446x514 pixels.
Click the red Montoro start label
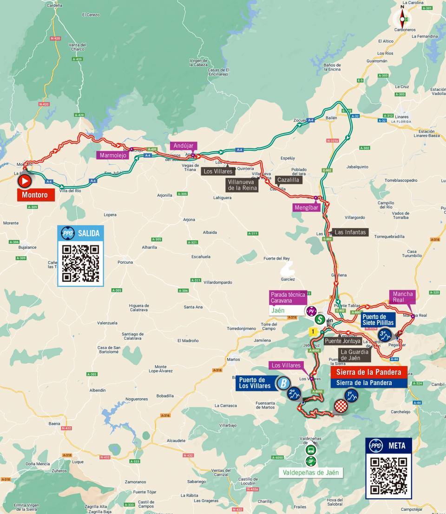(x=36, y=195)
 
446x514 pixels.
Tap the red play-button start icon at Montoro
(x=25, y=180)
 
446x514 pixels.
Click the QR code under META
(x=388, y=475)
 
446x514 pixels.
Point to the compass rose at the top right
(x=402, y=19)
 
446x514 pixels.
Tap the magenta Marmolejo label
(x=112, y=155)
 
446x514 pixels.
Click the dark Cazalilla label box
(x=288, y=179)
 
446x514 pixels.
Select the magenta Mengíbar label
(x=306, y=207)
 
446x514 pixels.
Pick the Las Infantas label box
(x=350, y=232)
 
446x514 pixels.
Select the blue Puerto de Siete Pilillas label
(x=377, y=319)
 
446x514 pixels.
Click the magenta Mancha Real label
(x=403, y=297)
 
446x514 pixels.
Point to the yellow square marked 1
(x=314, y=332)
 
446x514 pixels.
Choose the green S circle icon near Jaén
(x=320, y=320)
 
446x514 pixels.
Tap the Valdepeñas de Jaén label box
(x=311, y=473)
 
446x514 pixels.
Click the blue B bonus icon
(x=282, y=383)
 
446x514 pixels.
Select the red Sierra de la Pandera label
(x=369, y=372)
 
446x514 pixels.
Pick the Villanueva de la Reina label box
(x=242, y=185)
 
